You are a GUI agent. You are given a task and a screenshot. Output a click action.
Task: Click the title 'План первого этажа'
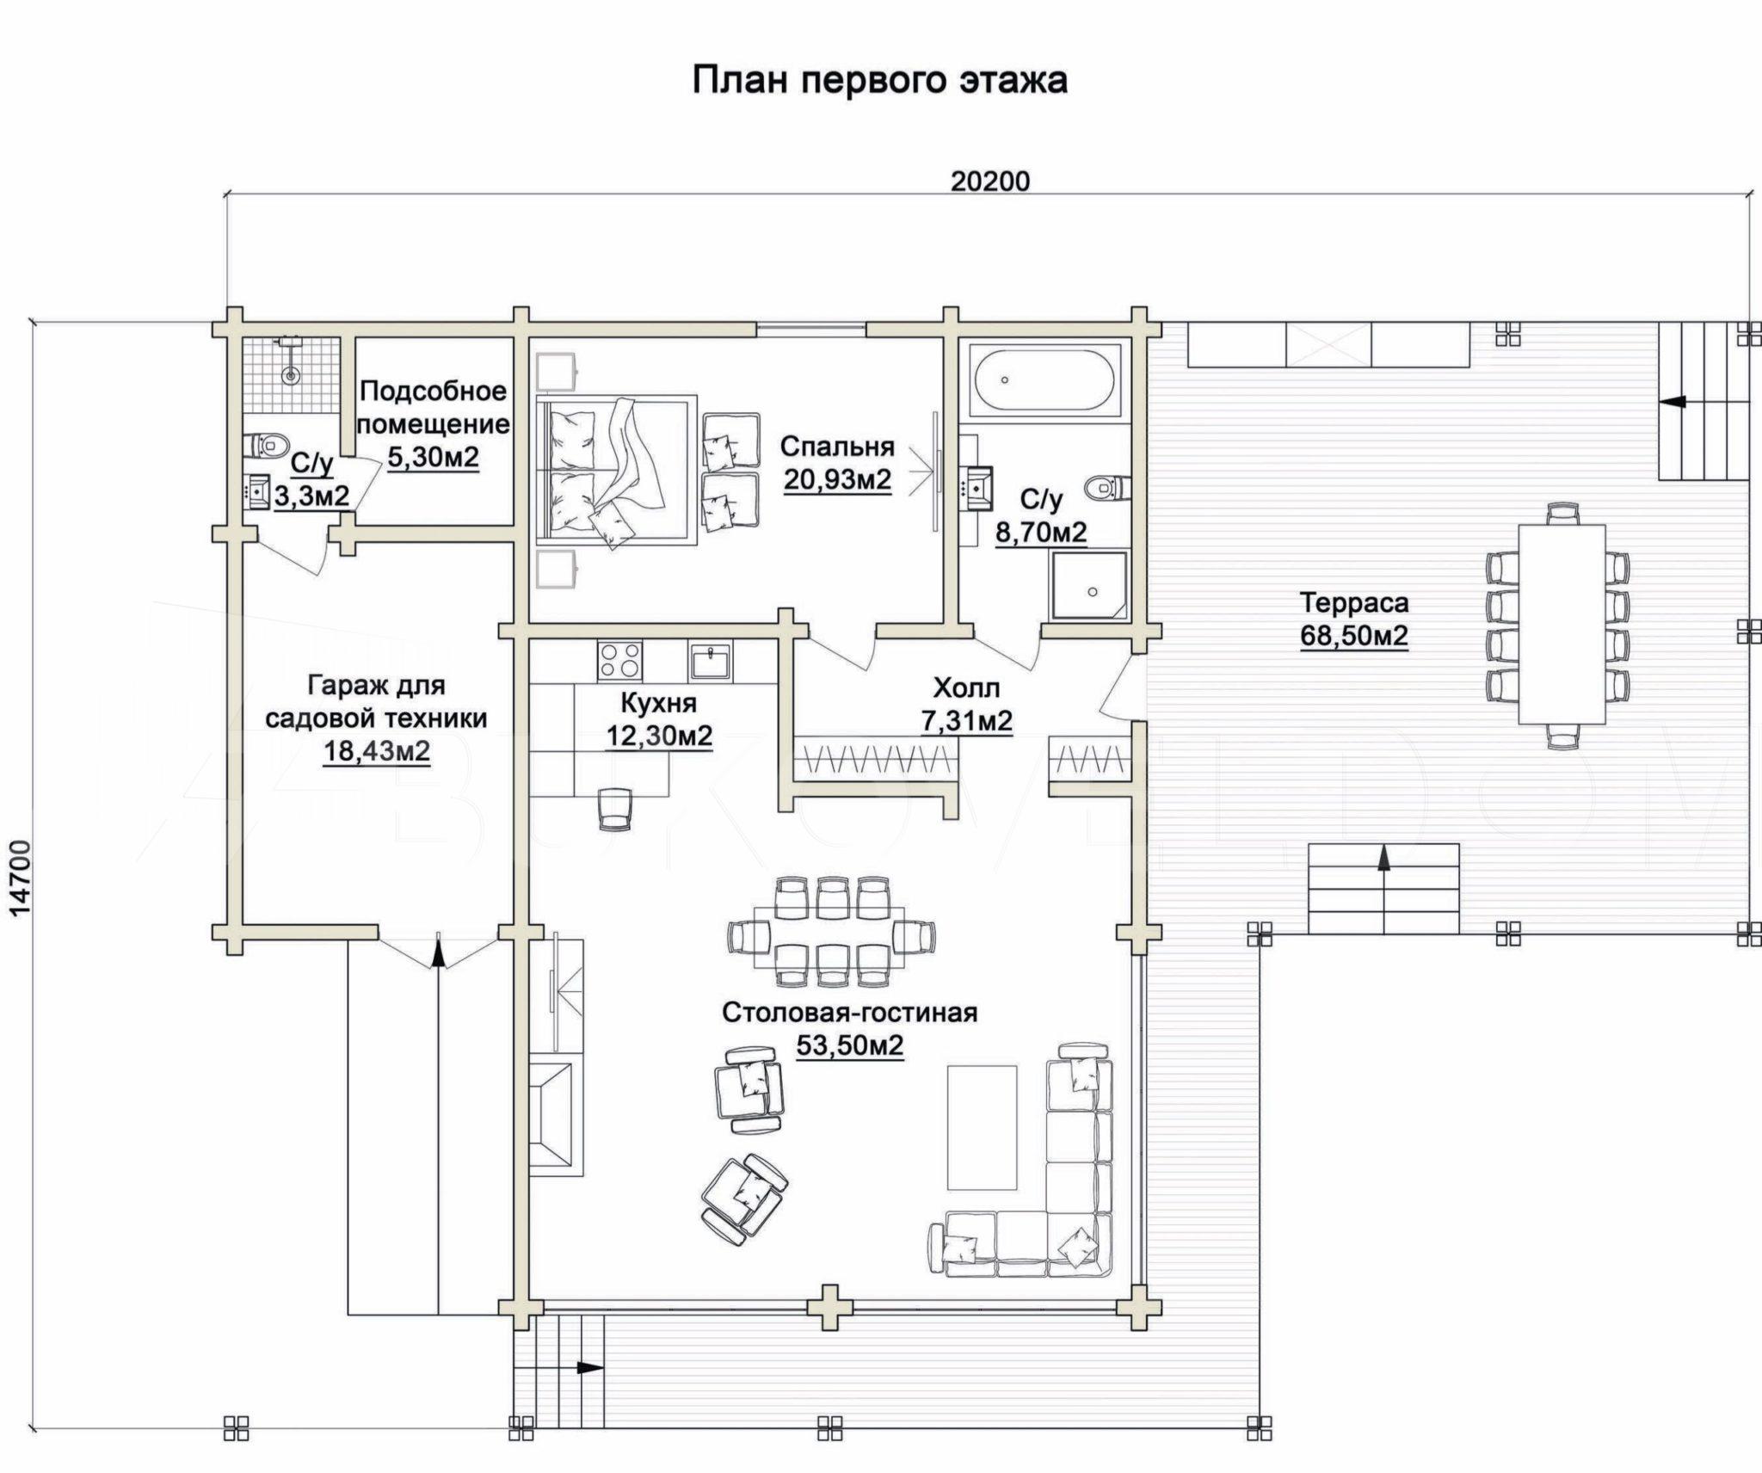tap(880, 81)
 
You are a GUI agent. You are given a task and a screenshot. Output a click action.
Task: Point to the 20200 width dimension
tap(990, 182)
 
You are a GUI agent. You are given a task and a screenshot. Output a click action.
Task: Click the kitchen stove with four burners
tap(619, 662)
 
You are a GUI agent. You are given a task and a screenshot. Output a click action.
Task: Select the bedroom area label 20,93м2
tap(837, 479)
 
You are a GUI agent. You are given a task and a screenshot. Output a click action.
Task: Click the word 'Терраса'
tap(1354, 602)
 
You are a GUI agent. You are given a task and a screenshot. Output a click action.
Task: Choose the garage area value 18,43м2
tap(377, 751)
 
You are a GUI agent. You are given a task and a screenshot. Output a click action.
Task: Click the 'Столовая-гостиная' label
tap(850, 1013)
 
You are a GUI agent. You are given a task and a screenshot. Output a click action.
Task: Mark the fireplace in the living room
tap(556, 1118)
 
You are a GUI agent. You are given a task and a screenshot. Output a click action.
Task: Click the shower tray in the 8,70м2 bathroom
tap(1088, 586)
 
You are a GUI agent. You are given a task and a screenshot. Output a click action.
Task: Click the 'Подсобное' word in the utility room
tap(433, 391)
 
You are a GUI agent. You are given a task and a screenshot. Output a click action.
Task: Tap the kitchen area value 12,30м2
tap(659, 736)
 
